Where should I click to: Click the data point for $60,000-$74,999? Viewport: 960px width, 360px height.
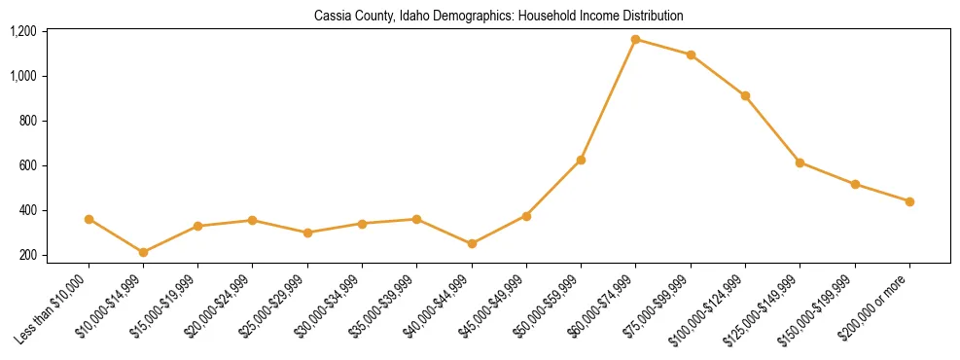coord(635,40)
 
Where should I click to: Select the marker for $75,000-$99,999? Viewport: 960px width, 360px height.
coord(691,54)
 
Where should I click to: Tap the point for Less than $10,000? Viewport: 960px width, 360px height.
coord(89,219)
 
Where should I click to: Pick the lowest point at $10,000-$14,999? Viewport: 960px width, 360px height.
coord(143,253)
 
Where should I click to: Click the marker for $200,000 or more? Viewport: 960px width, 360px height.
coord(909,201)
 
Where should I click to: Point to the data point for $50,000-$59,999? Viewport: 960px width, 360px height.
coord(581,160)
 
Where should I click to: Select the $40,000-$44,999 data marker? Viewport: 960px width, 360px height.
coord(472,243)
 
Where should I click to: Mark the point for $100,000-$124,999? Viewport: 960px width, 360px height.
coord(745,95)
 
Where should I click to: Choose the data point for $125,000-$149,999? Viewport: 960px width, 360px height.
coord(800,162)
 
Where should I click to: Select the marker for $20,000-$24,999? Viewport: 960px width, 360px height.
coord(253,220)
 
